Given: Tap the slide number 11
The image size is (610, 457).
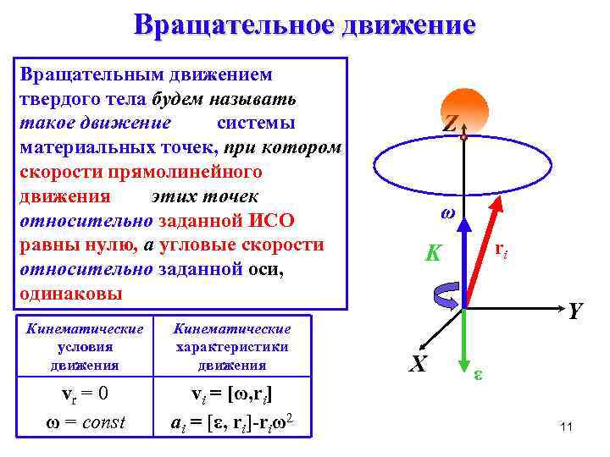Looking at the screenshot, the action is tap(567, 427).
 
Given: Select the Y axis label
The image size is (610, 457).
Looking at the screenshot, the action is tap(576, 312).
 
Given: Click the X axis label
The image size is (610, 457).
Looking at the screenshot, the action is tap(417, 364).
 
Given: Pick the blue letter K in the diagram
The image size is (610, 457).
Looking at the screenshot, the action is tap(434, 252).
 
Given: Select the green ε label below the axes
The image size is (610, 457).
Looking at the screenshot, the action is tap(479, 373).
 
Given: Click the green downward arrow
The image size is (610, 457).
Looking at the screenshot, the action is tap(464, 343).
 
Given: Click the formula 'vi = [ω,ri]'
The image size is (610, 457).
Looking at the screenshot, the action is tap(230, 394).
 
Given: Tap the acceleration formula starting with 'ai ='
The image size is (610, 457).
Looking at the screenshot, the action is tap(230, 421).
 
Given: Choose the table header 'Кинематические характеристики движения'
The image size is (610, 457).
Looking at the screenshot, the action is tap(231, 346).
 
